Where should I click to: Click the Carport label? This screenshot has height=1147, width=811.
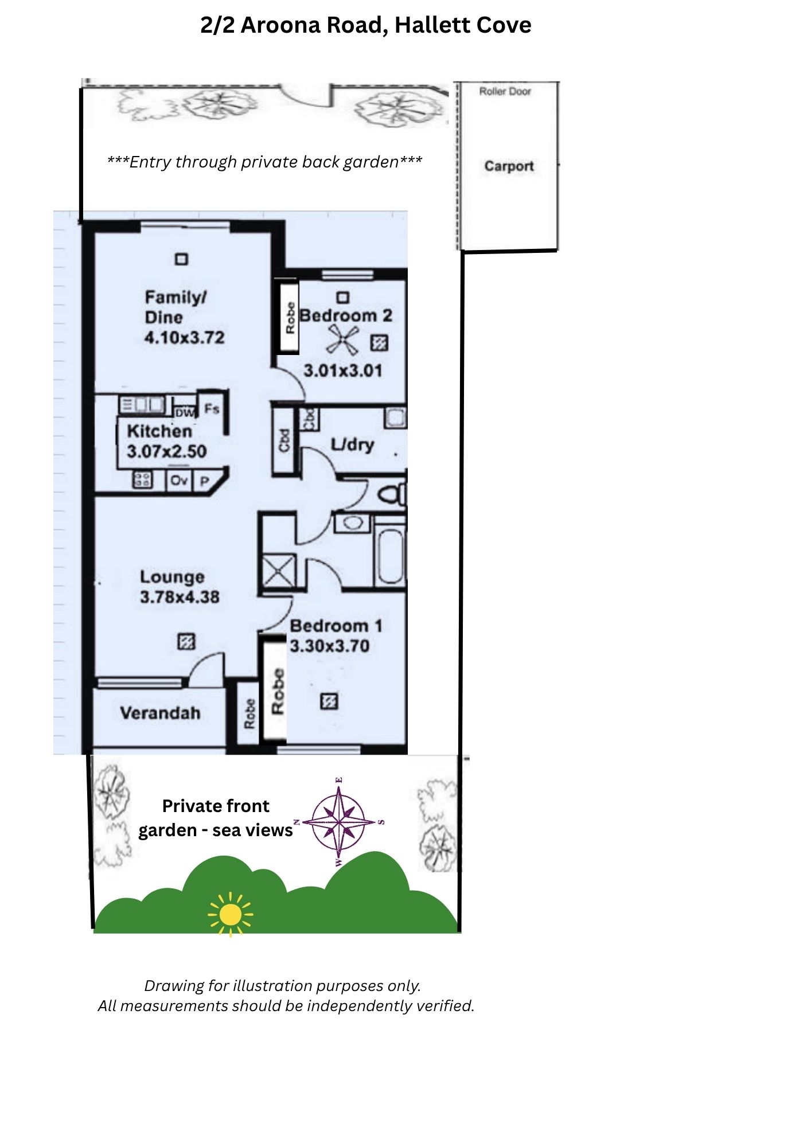tap(509, 166)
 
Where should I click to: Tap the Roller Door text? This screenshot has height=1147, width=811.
tap(505, 91)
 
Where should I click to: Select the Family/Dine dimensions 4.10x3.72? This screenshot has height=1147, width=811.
tap(185, 337)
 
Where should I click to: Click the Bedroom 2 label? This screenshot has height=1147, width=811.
tap(346, 315)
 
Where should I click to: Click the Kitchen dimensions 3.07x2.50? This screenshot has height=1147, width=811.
tap(167, 451)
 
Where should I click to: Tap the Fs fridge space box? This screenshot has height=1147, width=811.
tap(212, 409)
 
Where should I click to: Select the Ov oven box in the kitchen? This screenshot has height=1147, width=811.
tap(180, 479)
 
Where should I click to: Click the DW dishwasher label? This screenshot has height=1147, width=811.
tap(185, 412)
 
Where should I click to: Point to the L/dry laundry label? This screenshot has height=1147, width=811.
tap(353, 445)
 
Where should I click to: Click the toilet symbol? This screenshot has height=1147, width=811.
tap(393, 495)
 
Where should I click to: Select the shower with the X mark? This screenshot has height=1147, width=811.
tap(278, 571)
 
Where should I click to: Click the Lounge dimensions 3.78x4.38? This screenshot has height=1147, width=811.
tap(180, 597)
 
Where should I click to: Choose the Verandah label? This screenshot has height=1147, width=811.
tap(161, 713)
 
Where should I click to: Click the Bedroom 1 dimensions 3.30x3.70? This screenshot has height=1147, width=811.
tap(330, 646)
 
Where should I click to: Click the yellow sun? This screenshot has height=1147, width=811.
tap(231, 914)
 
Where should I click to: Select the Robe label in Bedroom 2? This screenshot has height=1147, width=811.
tap(290, 318)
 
